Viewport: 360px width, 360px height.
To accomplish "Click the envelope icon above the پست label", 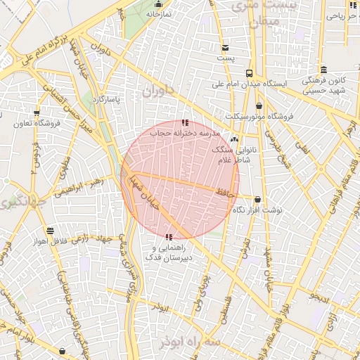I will coord(225,48).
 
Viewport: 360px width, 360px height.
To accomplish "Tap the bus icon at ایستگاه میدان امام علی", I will coord(249,73).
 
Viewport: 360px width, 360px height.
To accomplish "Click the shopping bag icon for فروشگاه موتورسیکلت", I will coord(259,105).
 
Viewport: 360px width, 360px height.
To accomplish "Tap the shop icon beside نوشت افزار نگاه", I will coord(257,200).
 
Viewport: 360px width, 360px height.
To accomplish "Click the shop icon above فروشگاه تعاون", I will coord(37,112).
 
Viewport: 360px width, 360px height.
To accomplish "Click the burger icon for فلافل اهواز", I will coord(50,231).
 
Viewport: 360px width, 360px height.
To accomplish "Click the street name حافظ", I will coord(224,191).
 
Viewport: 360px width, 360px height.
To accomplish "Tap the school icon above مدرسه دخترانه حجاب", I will coord(185,123).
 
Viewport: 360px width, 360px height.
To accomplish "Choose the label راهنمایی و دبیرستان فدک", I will coord(169,253).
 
